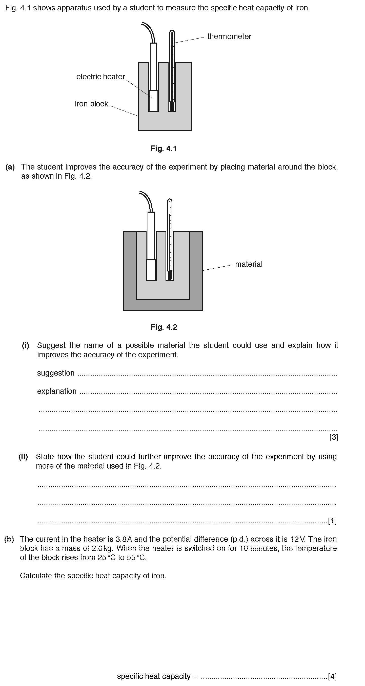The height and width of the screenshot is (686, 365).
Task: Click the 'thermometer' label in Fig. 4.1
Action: [229, 36]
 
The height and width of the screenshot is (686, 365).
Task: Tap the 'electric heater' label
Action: [100, 77]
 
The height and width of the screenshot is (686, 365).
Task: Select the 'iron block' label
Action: [91, 104]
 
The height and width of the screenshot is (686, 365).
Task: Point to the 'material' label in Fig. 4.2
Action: [249, 264]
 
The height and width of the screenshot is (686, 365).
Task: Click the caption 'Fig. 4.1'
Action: [163, 148]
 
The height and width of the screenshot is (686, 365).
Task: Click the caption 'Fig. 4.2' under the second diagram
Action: [164, 327]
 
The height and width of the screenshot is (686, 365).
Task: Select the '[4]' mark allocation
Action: [332, 676]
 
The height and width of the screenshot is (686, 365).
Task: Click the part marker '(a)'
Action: [10, 167]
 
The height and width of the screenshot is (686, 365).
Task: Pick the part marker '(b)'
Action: [9, 539]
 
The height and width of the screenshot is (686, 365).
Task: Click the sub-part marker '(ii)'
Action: [23, 456]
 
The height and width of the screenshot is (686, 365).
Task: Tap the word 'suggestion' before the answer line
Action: [56, 373]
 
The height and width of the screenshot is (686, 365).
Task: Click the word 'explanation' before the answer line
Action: [57, 391]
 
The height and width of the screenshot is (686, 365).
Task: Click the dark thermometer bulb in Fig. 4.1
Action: [172, 107]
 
